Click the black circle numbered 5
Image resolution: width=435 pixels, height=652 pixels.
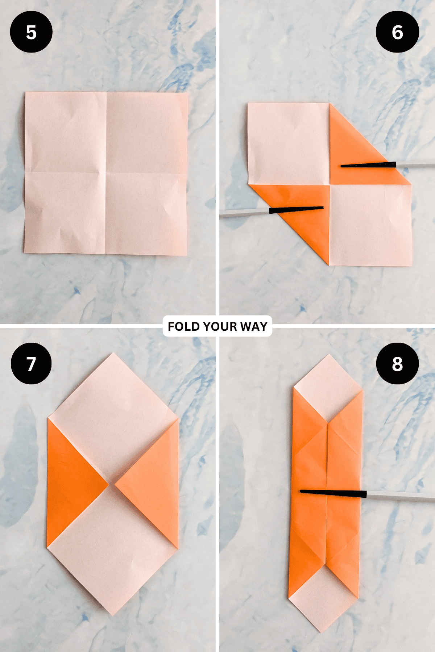click(x=31, y=32)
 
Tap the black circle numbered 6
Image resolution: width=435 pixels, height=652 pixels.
click(x=397, y=32)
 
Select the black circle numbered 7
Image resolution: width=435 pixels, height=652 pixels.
click(x=31, y=364)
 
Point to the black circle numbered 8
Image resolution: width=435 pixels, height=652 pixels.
click(x=397, y=364)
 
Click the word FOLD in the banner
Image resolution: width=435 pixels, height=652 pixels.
click(x=184, y=326)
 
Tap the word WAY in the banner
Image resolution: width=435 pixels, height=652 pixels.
click(x=254, y=326)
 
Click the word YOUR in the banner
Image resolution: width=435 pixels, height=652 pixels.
click(x=220, y=326)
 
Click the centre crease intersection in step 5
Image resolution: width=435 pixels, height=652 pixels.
click(x=106, y=173)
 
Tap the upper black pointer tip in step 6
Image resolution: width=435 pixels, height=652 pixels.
click(x=341, y=166)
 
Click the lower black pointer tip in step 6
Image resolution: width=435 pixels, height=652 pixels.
click(x=323, y=208)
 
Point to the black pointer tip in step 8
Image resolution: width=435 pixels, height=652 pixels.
click(x=301, y=491)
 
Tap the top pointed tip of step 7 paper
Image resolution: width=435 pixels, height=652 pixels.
click(x=113, y=353)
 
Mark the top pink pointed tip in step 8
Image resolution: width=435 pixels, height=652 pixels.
click(x=328, y=355)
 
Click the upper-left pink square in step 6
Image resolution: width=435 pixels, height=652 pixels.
click(x=289, y=144)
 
